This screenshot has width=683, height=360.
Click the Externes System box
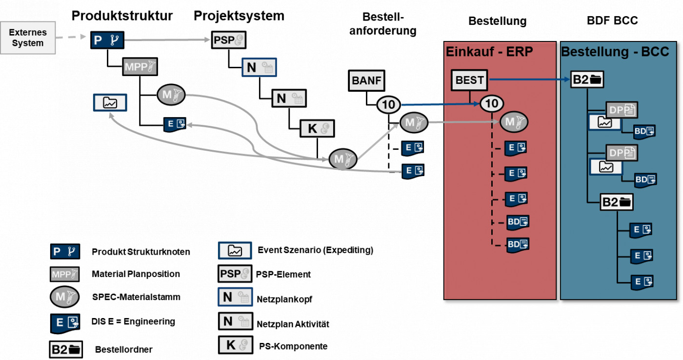point(28,38)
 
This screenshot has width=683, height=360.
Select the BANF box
point(366,80)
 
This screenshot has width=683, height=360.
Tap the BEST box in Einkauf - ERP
point(469,80)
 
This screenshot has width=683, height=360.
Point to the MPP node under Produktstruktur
point(141,67)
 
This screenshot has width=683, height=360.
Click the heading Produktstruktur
point(122,16)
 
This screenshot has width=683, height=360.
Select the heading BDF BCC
point(612,20)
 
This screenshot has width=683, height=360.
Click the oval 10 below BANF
point(388,104)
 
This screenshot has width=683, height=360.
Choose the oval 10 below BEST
point(492,103)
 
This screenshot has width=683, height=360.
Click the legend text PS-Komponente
point(292,346)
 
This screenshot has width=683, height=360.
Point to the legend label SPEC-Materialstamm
point(136,297)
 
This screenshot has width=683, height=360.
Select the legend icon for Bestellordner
point(66,349)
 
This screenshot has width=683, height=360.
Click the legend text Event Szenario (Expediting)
point(315,250)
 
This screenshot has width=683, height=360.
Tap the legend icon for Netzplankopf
point(234,297)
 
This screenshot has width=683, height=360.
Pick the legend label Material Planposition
point(136,274)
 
